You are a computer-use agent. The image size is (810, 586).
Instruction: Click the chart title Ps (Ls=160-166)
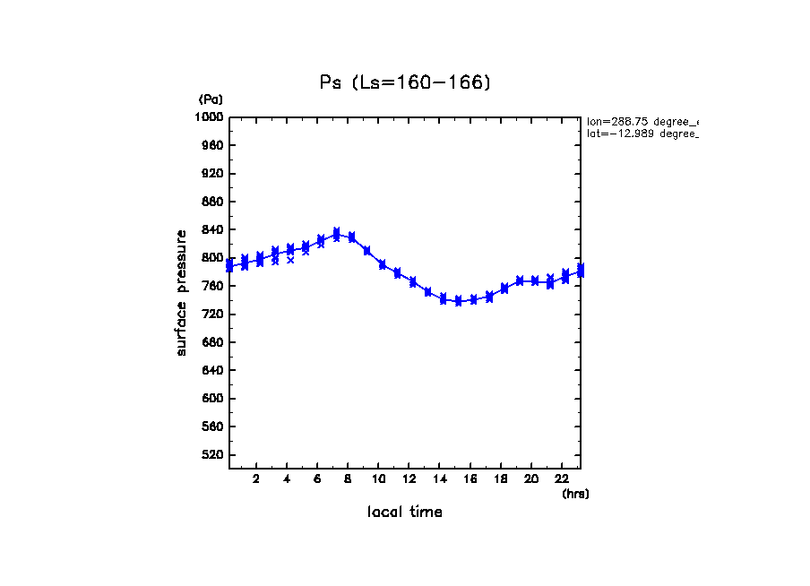point(405,82)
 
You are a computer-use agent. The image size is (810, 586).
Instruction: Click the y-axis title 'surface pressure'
point(182,292)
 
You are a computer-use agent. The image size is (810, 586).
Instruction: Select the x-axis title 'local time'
point(405,512)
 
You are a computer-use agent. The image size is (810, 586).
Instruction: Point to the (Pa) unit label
point(211,99)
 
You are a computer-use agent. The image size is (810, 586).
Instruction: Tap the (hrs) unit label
point(575,494)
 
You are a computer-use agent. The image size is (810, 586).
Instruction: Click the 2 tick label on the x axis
point(256,478)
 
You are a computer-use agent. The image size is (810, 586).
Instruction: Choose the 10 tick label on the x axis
point(379,478)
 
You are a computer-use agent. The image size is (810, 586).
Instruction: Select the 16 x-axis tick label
point(470,478)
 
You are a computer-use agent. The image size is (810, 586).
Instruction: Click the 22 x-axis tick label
point(562,478)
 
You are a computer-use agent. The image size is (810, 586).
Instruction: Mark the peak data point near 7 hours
point(336,234)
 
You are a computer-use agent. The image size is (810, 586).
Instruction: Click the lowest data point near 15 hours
point(459,301)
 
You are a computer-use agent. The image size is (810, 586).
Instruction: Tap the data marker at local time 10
point(383,264)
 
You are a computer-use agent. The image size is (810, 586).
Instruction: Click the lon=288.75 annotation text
point(642,121)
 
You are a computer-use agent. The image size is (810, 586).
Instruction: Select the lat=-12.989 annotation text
point(642,134)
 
